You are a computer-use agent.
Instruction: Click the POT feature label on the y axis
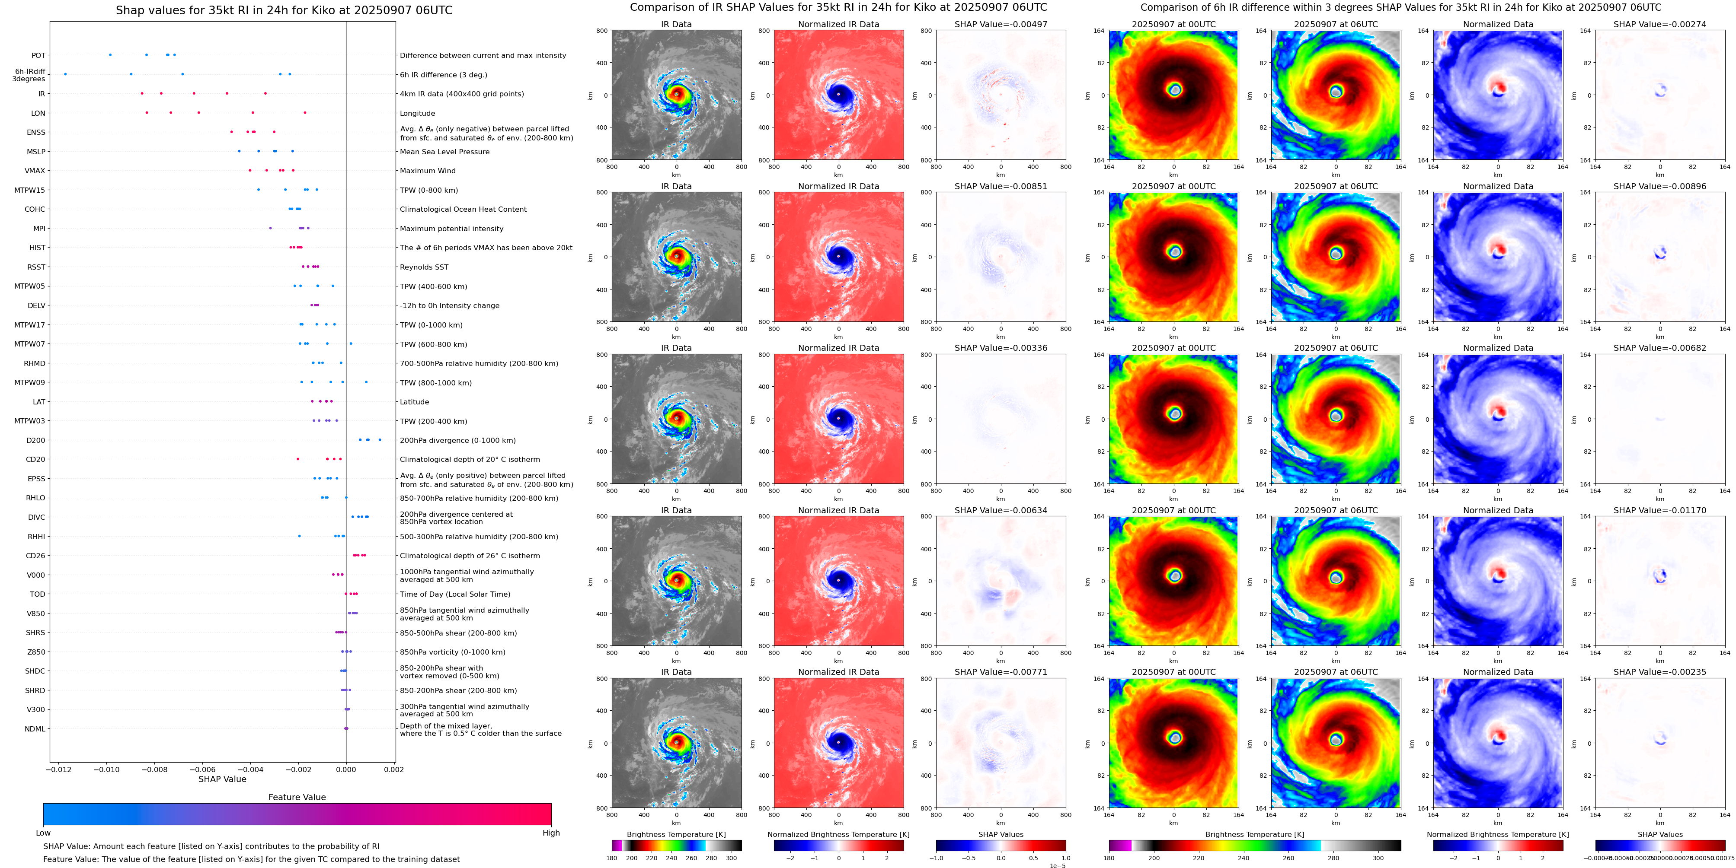tap(38, 55)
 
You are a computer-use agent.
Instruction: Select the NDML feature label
tap(35, 728)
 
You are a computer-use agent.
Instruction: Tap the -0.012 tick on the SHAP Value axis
tap(59, 769)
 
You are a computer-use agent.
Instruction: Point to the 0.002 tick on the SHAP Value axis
tap(394, 769)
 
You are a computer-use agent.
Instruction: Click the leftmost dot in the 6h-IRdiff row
tap(65, 74)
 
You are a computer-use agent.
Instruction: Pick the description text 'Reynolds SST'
tap(424, 267)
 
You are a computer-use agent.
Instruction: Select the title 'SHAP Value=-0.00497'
tap(1001, 24)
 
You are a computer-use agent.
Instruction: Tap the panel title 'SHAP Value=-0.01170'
tap(1660, 510)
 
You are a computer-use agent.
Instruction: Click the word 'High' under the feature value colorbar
tap(551, 833)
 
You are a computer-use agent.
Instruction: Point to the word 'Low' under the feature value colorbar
tap(43, 833)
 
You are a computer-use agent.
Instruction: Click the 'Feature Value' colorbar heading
tap(297, 797)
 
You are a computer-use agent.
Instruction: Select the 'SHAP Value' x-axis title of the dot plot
tap(222, 779)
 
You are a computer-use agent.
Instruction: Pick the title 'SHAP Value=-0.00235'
tap(1660, 672)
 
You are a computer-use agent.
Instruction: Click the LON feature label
tap(38, 113)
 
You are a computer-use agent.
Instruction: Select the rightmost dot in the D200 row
tap(380, 440)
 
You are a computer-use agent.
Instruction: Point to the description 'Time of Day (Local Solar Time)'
tap(455, 594)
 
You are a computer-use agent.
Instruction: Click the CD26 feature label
tap(36, 556)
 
